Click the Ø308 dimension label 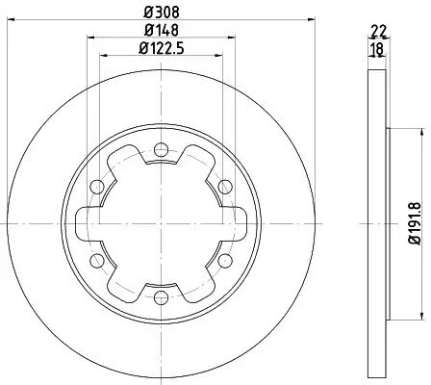pyautogui.click(x=162, y=13)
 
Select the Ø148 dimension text pyautogui.click(x=162, y=30)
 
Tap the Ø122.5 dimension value pyautogui.click(x=162, y=48)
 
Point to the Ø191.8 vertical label pyautogui.click(x=415, y=223)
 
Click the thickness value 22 pyautogui.click(x=378, y=31)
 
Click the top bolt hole pyautogui.click(x=161, y=149)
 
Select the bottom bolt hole pyautogui.click(x=161, y=297)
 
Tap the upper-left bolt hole pyautogui.click(x=97, y=187)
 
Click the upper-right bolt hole pyautogui.click(x=225, y=187)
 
